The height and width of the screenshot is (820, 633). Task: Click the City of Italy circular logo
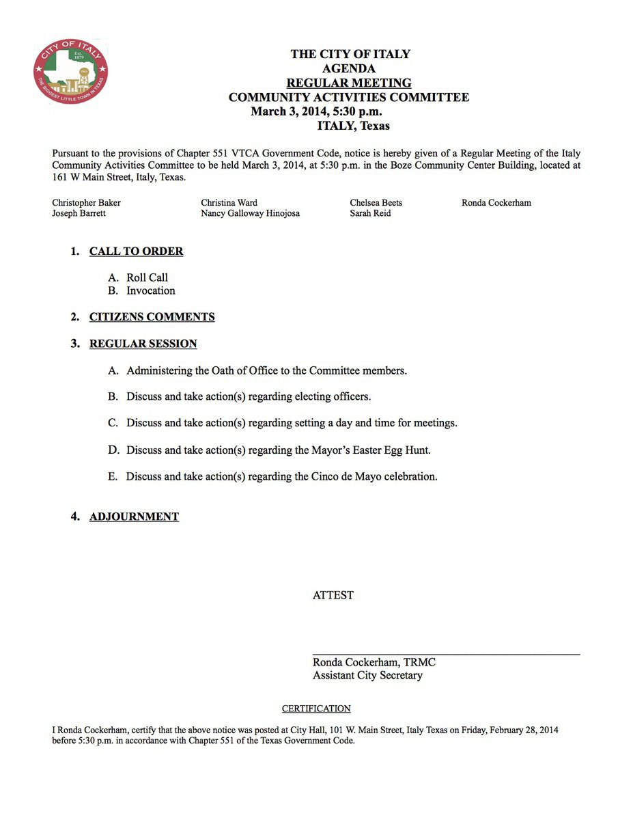pos(70,72)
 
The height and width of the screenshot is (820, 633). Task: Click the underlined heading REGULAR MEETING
pos(349,83)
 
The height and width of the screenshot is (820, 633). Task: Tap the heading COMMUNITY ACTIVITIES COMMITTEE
pos(349,97)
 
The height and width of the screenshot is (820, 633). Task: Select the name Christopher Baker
pos(86,203)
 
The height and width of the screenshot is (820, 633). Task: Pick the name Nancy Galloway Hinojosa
pos(250,213)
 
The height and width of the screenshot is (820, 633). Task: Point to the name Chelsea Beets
pos(376,203)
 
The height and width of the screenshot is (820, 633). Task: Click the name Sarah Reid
pos(371,213)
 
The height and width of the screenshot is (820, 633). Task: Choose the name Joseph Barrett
pos(79,213)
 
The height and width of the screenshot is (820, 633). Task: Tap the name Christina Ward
pos(229,203)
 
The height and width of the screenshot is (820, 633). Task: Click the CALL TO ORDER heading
pos(136,251)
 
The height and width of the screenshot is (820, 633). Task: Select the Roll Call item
pos(147,277)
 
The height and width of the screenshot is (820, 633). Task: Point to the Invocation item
pos(150,290)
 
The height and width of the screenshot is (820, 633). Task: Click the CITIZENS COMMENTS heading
pos(152,317)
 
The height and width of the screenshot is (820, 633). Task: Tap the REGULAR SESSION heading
pos(143,344)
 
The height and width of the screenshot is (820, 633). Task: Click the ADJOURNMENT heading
pos(134,517)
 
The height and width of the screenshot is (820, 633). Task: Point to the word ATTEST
pos(333,595)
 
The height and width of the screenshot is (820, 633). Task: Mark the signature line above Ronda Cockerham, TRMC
pos(446,654)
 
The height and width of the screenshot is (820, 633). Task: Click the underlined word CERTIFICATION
pos(316,709)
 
